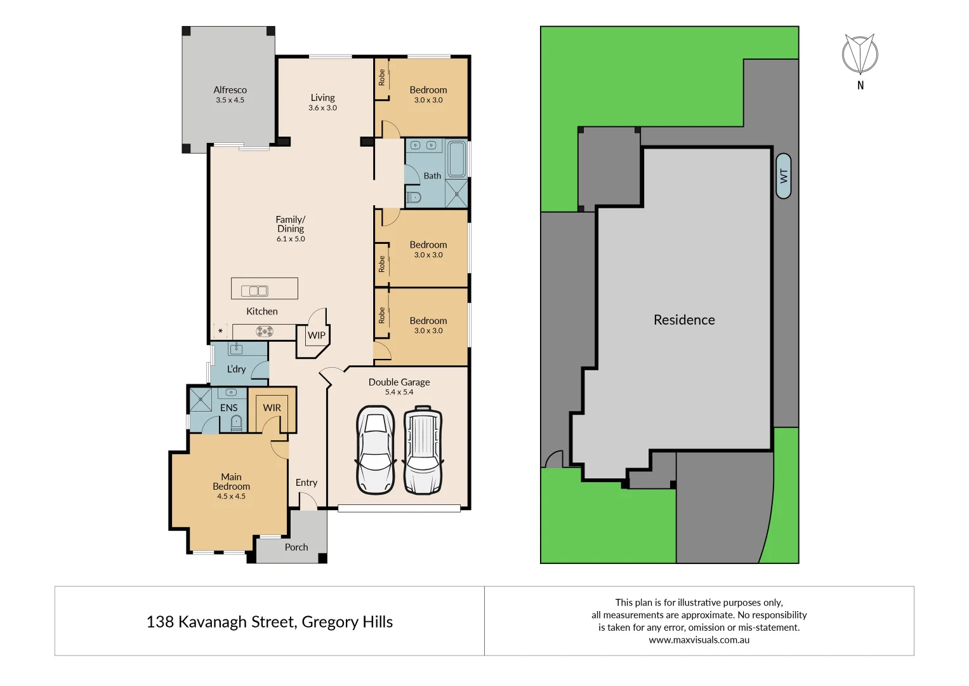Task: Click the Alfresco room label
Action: pyautogui.click(x=230, y=90)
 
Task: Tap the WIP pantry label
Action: pyautogui.click(x=316, y=335)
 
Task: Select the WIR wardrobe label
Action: pyautogui.click(x=272, y=408)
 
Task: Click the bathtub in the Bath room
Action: pyautogui.click(x=456, y=159)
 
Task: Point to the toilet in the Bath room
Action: pyautogui.click(x=414, y=197)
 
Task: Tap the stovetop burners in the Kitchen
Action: pyautogui.click(x=265, y=331)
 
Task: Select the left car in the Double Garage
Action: pyautogui.click(x=376, y=450)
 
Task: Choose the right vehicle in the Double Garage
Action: pyautogui.click(x=423, y=450)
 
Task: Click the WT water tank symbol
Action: pyautogui.click(x=784, y=176)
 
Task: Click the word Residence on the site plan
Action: pyautogui.click(x=684, y=320)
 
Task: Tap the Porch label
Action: pyautogui.click(x=296, y=548)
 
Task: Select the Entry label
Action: pyautogui.click(x=307, y=483)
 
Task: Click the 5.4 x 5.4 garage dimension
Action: pyautogui.click(x=399, y=393)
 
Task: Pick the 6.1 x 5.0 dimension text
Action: pyautogui.click(x=291, y=239)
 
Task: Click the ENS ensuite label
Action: pyautogui.click(x=228, y=408)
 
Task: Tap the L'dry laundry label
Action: pyautogui.click(x=236, y=369)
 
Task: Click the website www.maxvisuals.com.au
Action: pyautogui.click(x=699, y=640)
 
